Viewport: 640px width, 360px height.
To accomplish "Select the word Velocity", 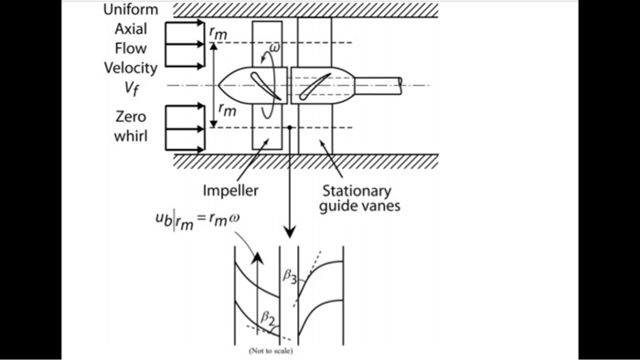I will point(131,68).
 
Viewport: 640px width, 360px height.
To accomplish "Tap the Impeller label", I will point(230,192).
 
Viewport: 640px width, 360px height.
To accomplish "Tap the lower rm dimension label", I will point(224,111).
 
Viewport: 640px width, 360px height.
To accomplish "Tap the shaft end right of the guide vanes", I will point(400,85).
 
